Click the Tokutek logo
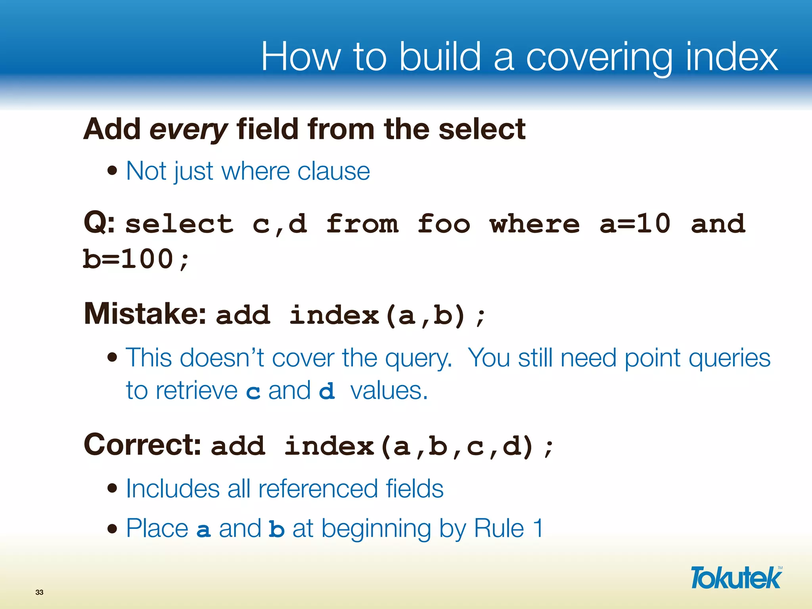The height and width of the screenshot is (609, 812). (x=736, y=578)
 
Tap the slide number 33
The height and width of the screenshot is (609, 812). (x=39, y=592)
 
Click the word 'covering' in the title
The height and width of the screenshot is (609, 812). (x=599, y=57)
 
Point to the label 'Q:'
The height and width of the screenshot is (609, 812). (x=99, y=223)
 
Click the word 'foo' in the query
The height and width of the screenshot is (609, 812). (x=444, y=224)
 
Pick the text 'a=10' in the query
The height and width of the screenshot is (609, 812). (x=635, y=224)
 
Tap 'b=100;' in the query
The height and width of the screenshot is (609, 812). (x=136, y=260)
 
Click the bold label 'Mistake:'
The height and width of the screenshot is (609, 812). (x=145, y=314)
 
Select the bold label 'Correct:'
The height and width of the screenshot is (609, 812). (x=142, y=445)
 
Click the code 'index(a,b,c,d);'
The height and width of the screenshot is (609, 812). (x=418, y=446)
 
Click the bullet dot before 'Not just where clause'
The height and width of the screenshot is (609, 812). (x=113, y=171)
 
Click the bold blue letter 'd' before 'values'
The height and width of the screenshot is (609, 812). (x=327, y=392)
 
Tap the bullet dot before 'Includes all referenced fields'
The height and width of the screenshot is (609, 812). (x=113, y=488)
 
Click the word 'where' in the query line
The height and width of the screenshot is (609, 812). (x=534, y=224)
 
